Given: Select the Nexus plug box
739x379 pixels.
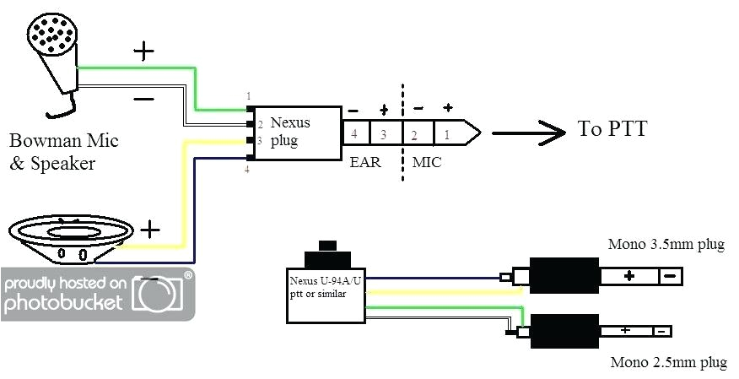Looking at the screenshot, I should (298, 133).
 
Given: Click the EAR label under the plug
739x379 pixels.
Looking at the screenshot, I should (364, 161).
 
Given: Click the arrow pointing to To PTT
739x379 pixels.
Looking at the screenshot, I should (528, 131).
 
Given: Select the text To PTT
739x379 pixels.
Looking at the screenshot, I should (612, 129).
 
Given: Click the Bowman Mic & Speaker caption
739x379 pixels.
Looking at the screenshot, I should (51, 151).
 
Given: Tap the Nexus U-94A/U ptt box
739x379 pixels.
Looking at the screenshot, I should (325, 292).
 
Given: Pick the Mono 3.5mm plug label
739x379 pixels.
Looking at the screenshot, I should (666, 246).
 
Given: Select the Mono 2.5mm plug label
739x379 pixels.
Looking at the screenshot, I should (666, 364).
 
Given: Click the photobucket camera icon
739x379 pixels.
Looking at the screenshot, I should (160, 292).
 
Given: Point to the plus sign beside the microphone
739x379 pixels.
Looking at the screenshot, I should (144, 51).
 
